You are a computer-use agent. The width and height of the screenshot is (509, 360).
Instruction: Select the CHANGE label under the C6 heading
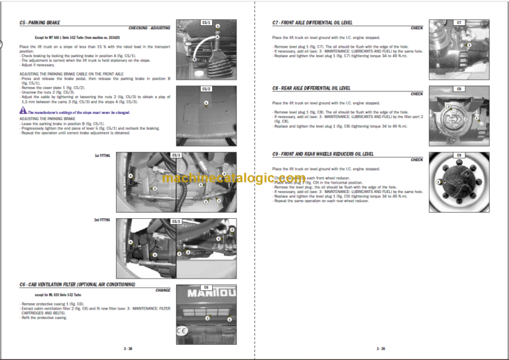click(162, 290)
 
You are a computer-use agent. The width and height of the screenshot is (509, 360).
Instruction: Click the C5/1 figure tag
click(206, 23)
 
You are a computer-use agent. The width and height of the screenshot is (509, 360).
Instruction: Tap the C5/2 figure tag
click(206, 89)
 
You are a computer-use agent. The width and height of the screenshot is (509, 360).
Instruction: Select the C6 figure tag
click(206, 287)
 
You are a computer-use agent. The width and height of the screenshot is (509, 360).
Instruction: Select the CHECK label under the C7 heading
click(417, 29)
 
